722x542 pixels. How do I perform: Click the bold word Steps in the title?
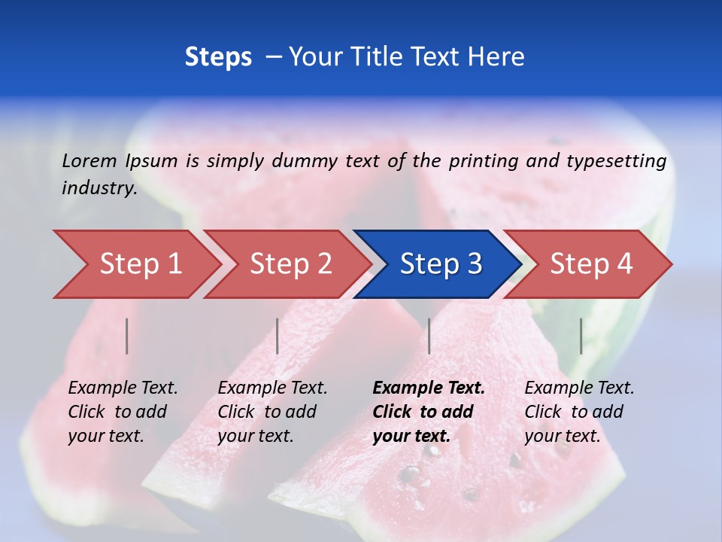[x=218, y=57]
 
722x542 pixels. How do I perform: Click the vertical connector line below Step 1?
[x=127, y=336]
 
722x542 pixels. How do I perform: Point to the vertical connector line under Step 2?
[x=278, y=336]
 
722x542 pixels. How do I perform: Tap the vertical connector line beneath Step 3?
[x=429, y=336]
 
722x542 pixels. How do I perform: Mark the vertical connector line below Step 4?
[x=581, y=336]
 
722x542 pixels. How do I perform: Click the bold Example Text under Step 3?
[x=429, y=411]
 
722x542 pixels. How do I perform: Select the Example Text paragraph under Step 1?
[x=123, y=411]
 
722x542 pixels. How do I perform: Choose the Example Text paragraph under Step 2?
[x=272, y=411]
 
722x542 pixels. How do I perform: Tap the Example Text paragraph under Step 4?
[x=579, y=411]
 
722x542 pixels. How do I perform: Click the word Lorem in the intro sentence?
[x=89, y=161]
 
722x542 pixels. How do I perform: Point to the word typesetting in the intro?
[x=616, y=161]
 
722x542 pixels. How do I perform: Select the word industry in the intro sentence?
[x=99, y=187]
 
